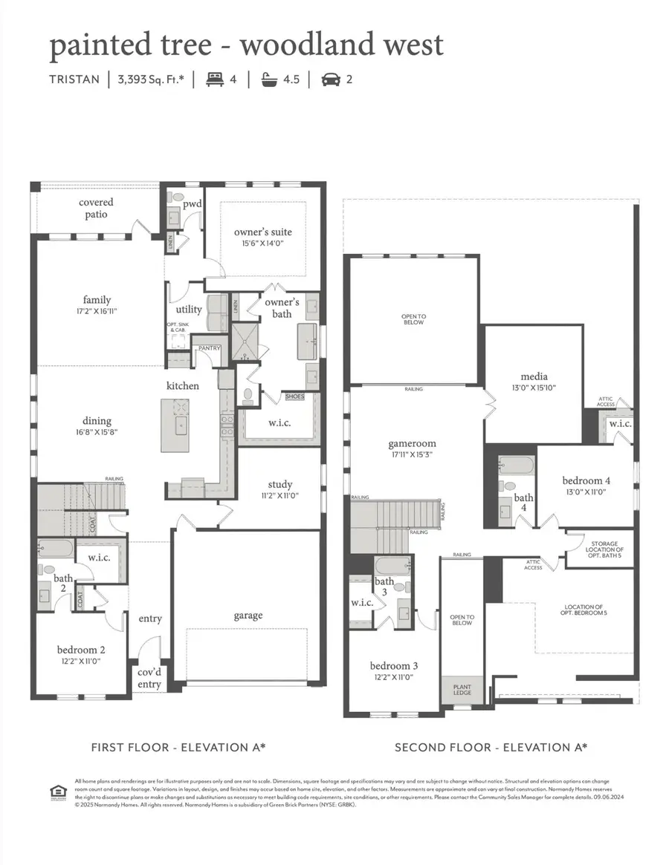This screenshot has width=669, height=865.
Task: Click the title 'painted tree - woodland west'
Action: pos(246,45)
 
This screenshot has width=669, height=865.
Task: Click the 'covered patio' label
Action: pos(96,208)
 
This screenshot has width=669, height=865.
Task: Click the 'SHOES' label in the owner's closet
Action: pos(294,396)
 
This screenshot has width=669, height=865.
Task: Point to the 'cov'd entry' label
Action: pos(149,678)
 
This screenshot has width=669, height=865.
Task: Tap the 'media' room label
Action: pos(534,376)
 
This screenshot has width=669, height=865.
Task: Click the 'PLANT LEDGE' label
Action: pos(462,689)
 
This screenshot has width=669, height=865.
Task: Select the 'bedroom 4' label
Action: pos(586,480)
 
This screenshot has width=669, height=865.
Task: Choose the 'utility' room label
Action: pos(189,310)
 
